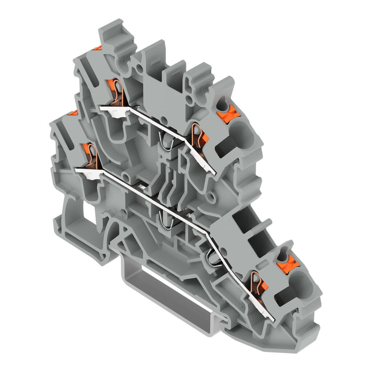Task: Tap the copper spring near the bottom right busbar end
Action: click(259, 283)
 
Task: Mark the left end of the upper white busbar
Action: click(102, 108)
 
